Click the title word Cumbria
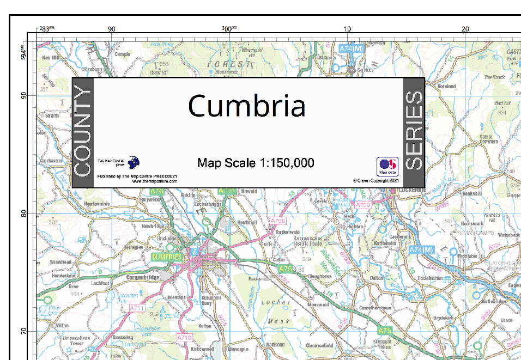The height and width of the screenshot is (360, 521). [246, 106]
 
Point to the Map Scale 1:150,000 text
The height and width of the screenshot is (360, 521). [256, 163]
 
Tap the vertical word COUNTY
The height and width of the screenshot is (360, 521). [82, 133]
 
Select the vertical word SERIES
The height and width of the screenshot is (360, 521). [414, 131]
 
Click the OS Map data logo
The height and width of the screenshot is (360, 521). [387, 166]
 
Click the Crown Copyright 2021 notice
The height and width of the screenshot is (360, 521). [376, 180]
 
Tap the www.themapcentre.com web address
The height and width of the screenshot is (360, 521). [155, 181]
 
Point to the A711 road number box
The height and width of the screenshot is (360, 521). [137, 308]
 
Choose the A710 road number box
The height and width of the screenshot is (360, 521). [185, 338]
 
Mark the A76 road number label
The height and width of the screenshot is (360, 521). [157, 191]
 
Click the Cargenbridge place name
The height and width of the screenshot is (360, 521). [142, 277]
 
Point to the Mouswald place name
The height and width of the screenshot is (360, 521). [318, 304]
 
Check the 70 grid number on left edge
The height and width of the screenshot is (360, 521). [23, 331]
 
